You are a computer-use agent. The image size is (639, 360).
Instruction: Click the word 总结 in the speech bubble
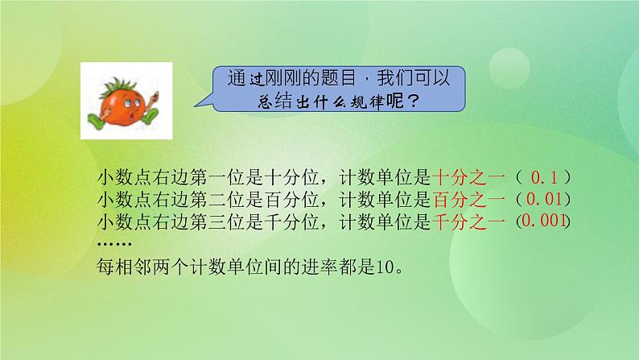point(243,102)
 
